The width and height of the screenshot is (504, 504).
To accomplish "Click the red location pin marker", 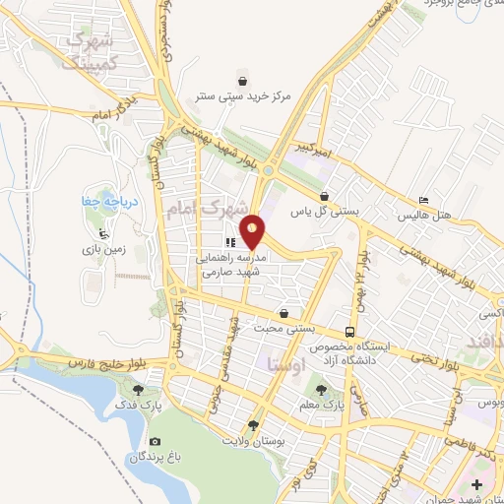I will [x=253, y=231].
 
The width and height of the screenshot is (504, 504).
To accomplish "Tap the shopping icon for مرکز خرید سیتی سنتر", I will [x=242, y=80].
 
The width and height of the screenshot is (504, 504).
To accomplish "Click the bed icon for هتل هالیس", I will [x=424, y=197].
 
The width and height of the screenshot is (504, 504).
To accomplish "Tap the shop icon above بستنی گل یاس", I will [x=325, y=196].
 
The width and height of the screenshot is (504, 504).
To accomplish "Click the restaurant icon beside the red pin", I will [x=229, y=242].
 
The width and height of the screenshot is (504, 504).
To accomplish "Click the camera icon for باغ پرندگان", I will [x=155, y=442].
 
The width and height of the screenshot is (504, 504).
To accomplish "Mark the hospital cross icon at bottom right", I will [x=477, y=485].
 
